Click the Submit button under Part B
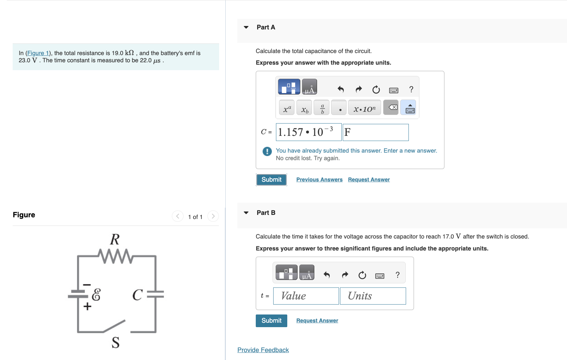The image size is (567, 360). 271,321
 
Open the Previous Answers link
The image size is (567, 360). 319,180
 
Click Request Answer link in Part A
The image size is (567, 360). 369,180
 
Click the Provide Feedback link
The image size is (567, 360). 263,350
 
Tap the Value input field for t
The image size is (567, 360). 306,296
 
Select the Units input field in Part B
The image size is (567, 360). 373,296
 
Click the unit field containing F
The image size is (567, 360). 376,132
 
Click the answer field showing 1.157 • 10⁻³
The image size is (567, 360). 308,132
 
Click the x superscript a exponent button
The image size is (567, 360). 287,107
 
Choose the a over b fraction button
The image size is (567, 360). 322,107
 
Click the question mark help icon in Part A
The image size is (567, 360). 411,89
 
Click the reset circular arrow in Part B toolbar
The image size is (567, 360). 362,275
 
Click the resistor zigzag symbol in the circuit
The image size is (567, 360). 115,256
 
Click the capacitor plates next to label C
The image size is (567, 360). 156,294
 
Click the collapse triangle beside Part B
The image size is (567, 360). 246,213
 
